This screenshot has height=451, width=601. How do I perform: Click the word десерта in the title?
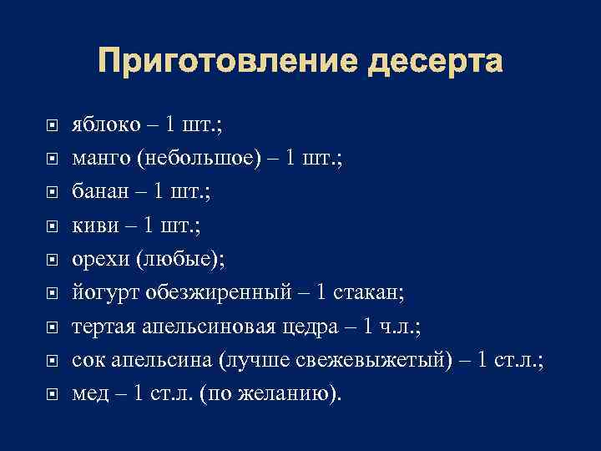tap(422, 61)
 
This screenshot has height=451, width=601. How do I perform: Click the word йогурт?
tap(101, 292)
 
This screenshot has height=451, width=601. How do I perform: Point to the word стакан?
tap(368, 292)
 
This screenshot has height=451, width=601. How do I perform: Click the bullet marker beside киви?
tap(52, 225)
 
